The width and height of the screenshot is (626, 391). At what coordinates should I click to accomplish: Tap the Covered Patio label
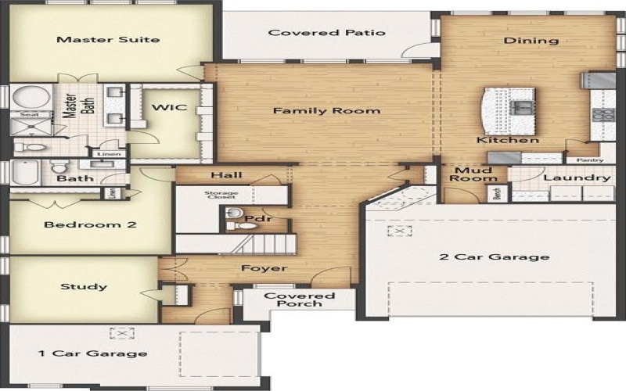326,33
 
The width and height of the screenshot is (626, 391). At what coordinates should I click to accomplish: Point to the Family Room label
326,111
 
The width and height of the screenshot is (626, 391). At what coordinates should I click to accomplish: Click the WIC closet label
169,107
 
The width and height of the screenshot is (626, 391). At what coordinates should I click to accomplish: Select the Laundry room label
576,178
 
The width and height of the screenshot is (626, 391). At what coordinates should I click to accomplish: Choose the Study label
84,286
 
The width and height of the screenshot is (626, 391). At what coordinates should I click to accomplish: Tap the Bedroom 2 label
90,224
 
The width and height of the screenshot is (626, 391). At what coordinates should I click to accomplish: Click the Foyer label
264,268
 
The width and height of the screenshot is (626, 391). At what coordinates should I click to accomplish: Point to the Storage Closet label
221,195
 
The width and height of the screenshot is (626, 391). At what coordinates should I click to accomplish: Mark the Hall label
226,175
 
